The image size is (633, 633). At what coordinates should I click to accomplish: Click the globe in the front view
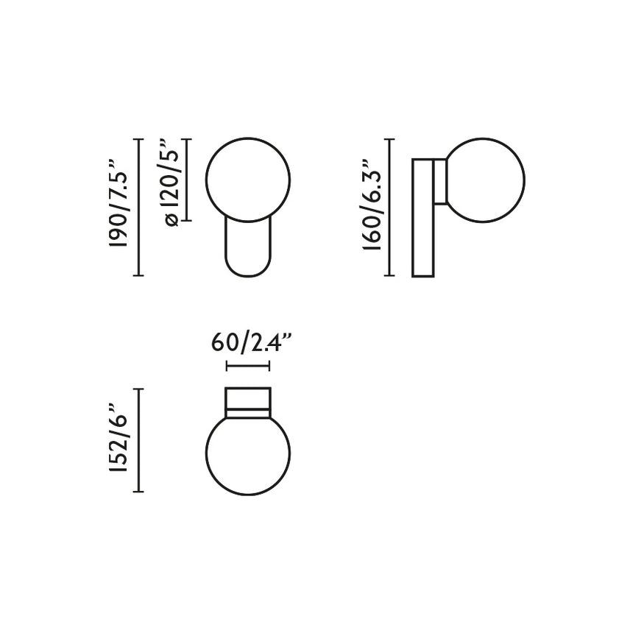(248, 179)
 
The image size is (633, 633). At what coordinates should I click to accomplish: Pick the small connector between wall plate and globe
(440, 181)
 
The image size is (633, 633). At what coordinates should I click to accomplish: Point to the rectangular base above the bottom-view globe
(248, 400)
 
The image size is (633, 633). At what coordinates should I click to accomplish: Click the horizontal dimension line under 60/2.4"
(249, 366)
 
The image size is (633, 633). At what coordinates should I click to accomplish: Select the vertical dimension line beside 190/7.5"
(138, 207)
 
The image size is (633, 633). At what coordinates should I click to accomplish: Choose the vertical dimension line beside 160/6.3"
(390, 207)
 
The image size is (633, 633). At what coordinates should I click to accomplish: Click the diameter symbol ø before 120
(171, 220)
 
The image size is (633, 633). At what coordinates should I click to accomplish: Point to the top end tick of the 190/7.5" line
(138, 138)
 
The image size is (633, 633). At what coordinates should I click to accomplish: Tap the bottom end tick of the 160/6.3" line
(390, 276)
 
